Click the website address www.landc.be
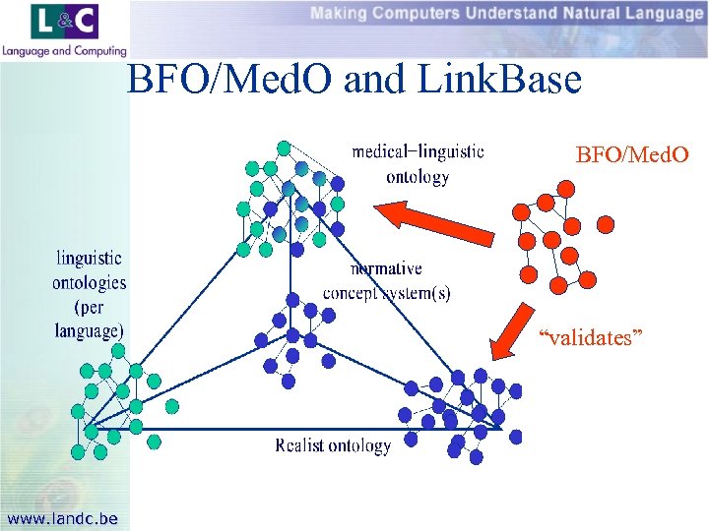tap(61, 518)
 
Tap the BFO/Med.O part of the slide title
tap(229, 80)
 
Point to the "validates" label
tap(591, 338)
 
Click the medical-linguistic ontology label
tap(418, 164)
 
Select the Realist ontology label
tap(333, 445)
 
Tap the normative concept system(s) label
tap(386, 280)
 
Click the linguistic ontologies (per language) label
tap(89, 293)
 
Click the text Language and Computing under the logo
tap(64, 51)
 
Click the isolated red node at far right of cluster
tap(606, 224)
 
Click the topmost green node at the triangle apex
tap(284, 148)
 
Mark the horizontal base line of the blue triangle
tap(295, 429)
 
